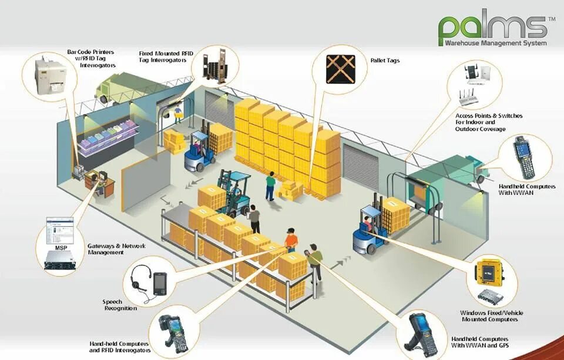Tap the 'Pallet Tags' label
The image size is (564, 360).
pyautogui.click(x=385, y=60)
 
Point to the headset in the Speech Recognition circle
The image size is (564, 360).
pyautogui.click(x=141, y=278)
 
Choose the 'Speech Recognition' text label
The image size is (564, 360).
pyautogui.click(x=120, y=305)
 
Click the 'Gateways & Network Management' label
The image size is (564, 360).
pyautogui.click(x=116, y=249)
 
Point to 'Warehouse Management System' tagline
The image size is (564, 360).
pyautogui.click(x=495, y=43)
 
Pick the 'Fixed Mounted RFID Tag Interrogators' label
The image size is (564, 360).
pyautogui.click(x=162, y=56)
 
